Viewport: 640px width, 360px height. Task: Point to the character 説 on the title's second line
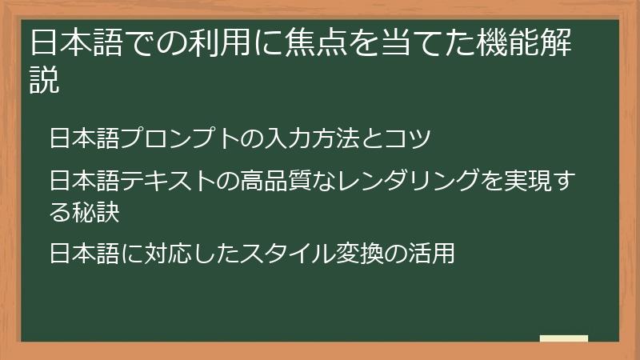pyautogui.click(x=45, y=80)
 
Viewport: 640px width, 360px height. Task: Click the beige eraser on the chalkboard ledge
pyautogui.click(x=563, y=338)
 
